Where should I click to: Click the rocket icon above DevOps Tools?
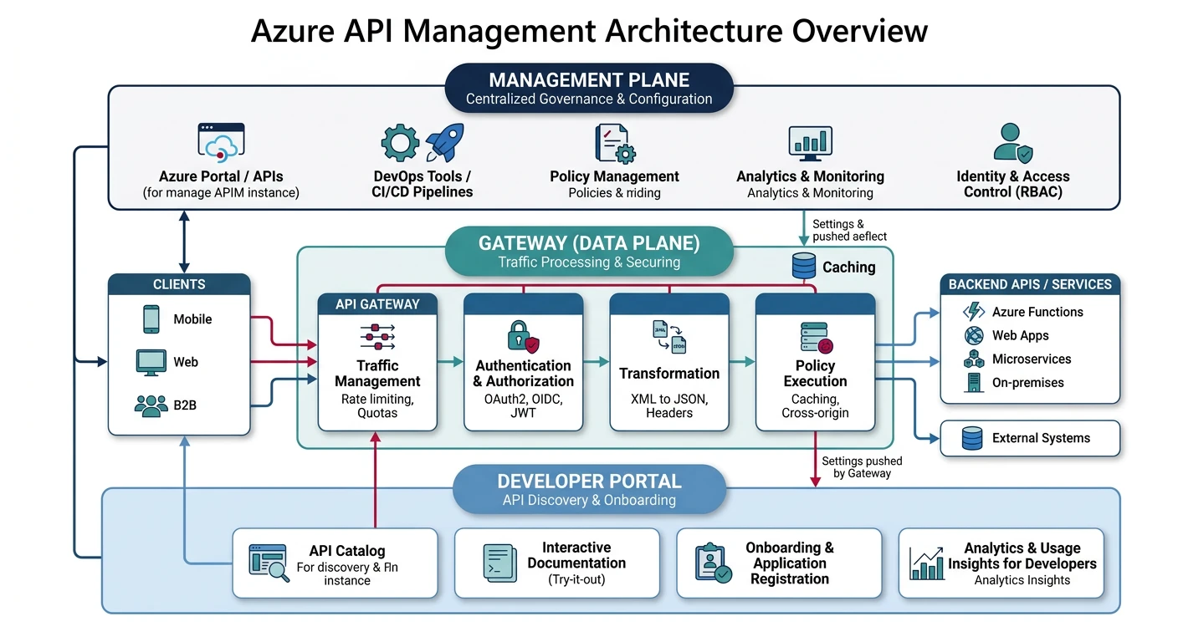(444, 142)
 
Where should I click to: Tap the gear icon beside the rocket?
(400, 143)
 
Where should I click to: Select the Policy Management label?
(614, 176)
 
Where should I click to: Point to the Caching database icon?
(803, 267)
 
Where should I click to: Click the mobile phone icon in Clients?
(151, 318)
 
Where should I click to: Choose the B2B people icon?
(151, 405)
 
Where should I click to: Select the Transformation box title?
(669, 373)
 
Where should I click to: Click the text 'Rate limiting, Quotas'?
(377, 405)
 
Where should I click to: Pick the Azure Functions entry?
(1037, 312)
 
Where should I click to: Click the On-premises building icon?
(974, 383)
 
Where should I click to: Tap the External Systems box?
(1030, 438)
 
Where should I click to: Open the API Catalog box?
(335, 563)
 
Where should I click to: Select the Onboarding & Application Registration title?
(789, 563)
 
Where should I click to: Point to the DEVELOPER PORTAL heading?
(589, 481)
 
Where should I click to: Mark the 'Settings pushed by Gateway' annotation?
(862, 467)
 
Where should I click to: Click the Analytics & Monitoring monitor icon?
(809, 143)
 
